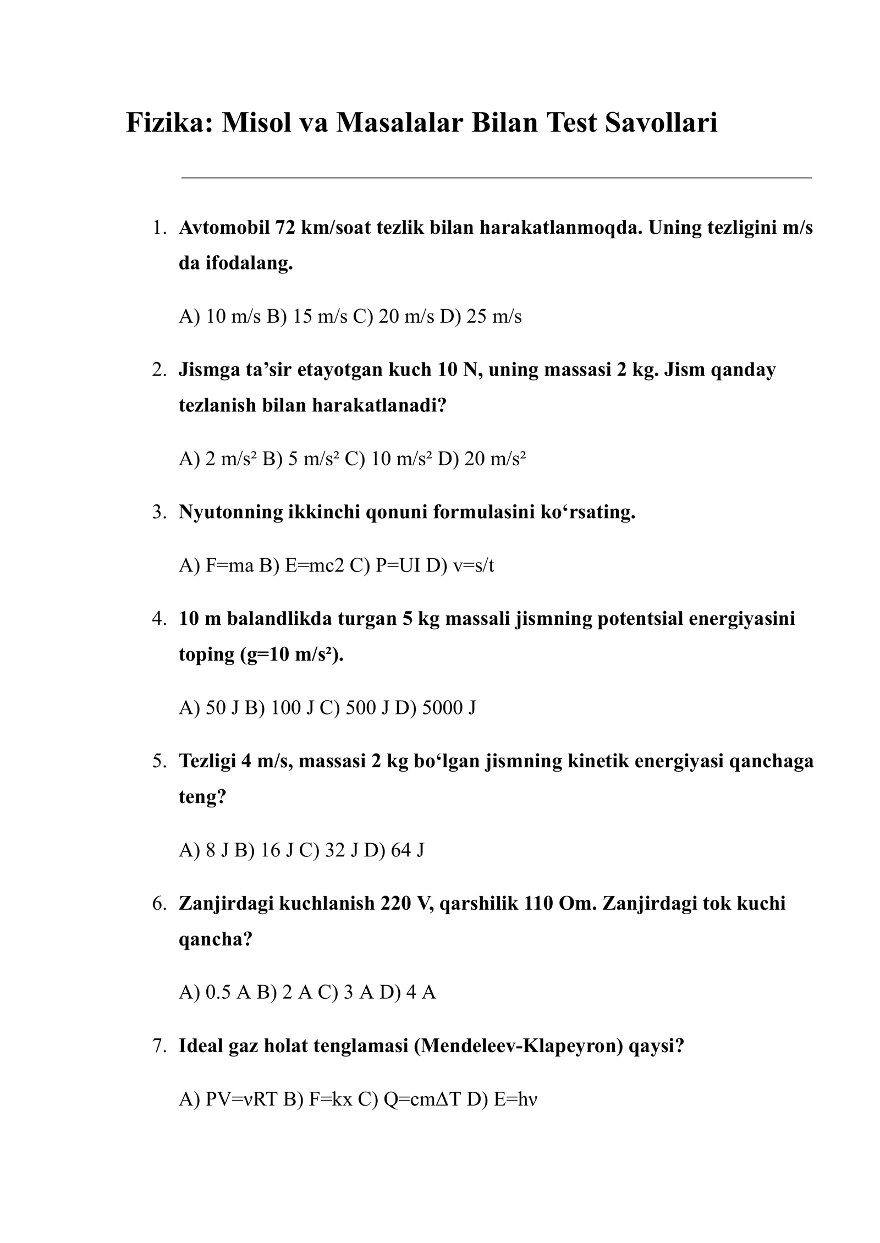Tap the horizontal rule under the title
tap(496, 178)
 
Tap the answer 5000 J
tap(449, 707)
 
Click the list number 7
tap(159, 1046)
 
